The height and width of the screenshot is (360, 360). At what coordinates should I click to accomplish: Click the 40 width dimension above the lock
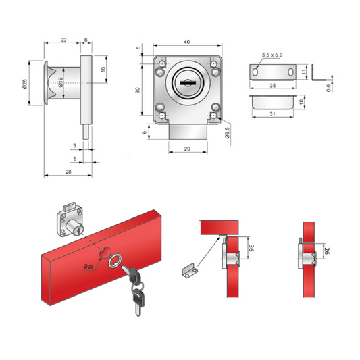(187, 42)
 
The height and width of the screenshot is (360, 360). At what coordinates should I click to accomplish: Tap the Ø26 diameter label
(24, 84)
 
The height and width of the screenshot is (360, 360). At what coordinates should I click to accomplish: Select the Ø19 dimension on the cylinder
(60, 82)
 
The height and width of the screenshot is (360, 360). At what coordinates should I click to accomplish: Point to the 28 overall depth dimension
(68, 172)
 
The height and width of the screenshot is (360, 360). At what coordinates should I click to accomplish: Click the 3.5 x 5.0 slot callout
(272, 55)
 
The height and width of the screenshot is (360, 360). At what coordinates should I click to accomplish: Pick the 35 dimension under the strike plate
(272, 85)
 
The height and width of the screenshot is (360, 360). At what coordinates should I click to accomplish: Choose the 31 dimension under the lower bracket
(272, 113)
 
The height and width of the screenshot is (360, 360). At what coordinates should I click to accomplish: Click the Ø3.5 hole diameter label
(228, 132)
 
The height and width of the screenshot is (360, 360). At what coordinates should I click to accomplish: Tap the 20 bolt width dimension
(187, 149)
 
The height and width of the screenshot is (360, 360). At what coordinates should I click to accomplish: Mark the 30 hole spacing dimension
(138, 91)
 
